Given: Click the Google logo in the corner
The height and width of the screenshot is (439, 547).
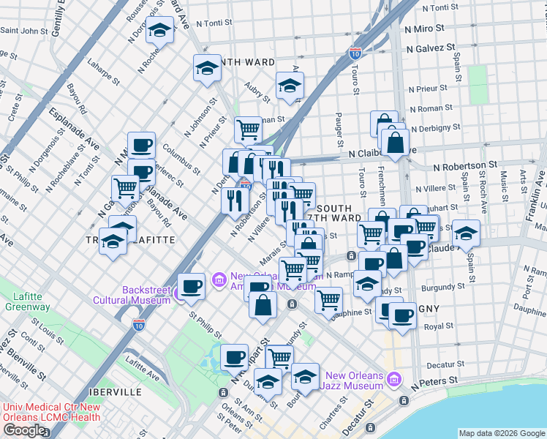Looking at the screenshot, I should point(24,430).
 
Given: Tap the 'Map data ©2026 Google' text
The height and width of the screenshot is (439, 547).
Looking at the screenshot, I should point(501,432).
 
